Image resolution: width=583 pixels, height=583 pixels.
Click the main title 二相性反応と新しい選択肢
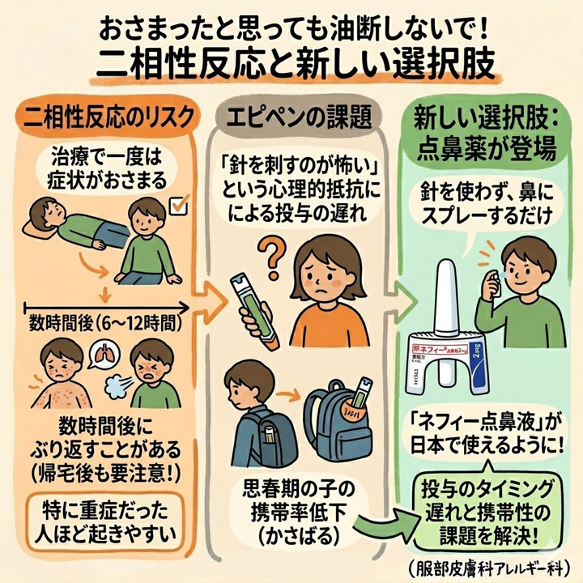291,63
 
